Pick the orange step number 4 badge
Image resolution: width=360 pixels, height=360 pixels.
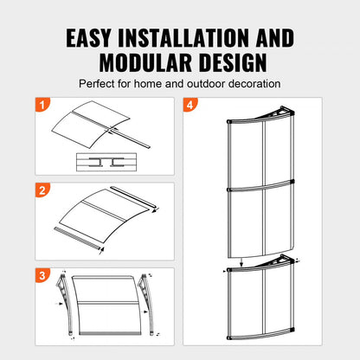(190, 106)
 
